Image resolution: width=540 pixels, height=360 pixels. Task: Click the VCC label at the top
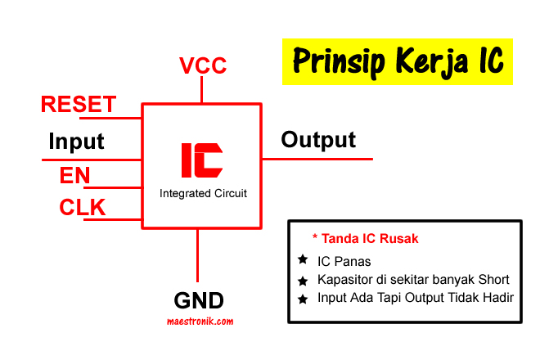coord(202,65)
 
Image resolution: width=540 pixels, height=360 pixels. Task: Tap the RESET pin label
coord(79,105)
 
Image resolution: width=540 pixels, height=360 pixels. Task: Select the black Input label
coord(77,141)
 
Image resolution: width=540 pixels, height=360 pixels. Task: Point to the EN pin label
coord(75,175)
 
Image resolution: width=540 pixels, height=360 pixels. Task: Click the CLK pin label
coord(83,208)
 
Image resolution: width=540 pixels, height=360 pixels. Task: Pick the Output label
coord(318,140)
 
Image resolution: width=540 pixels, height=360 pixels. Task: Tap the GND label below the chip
coord(199,299)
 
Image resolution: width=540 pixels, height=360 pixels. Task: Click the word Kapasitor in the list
coord(345,280)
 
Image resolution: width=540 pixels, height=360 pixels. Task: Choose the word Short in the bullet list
coord(494,280)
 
